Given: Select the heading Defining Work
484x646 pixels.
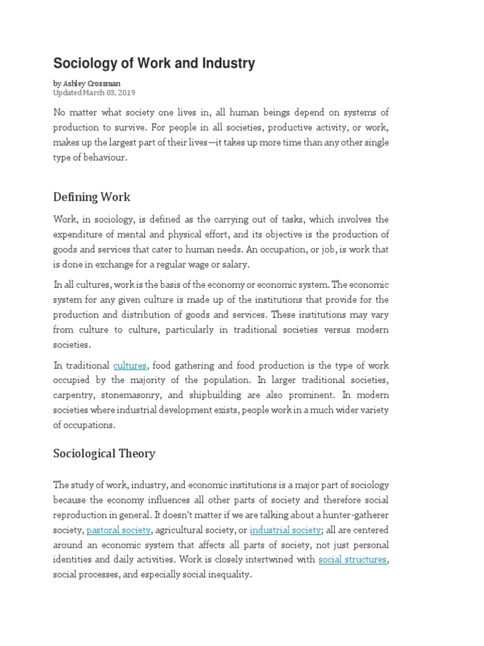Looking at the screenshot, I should [x=91, y=197].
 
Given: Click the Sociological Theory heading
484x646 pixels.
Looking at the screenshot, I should [x=104, y=454].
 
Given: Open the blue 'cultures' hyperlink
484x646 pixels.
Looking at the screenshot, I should [x=130, y=365].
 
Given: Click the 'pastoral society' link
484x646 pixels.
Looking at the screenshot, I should [x=118, y=529].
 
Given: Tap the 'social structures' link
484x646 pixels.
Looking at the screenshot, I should [x=352, y=560].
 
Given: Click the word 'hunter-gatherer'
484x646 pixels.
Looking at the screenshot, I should [x=354, y=514].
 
